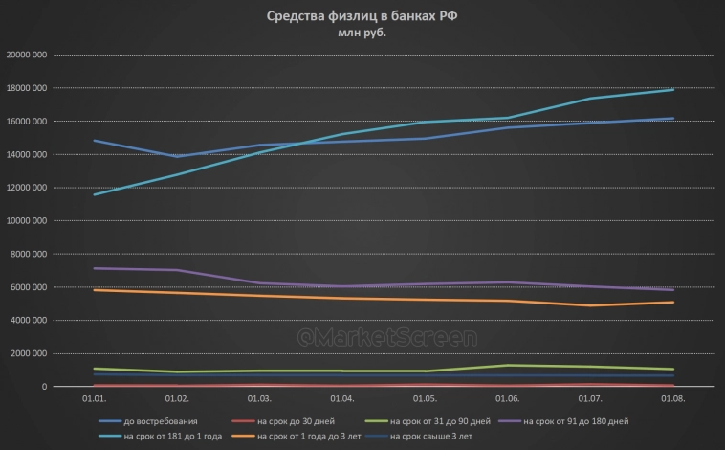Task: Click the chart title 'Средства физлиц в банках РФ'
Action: point(362,16)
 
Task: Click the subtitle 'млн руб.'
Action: point(362,34)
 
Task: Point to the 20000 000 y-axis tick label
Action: point(27,55)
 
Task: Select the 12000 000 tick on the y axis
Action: point(27,188)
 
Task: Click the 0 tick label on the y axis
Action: point(45,387)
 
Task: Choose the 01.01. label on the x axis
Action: point(93,398)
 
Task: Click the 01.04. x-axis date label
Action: point(341,398)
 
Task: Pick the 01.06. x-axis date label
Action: point(508,398)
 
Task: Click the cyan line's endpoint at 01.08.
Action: point(673,90)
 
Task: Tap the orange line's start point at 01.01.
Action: point(93,290)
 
